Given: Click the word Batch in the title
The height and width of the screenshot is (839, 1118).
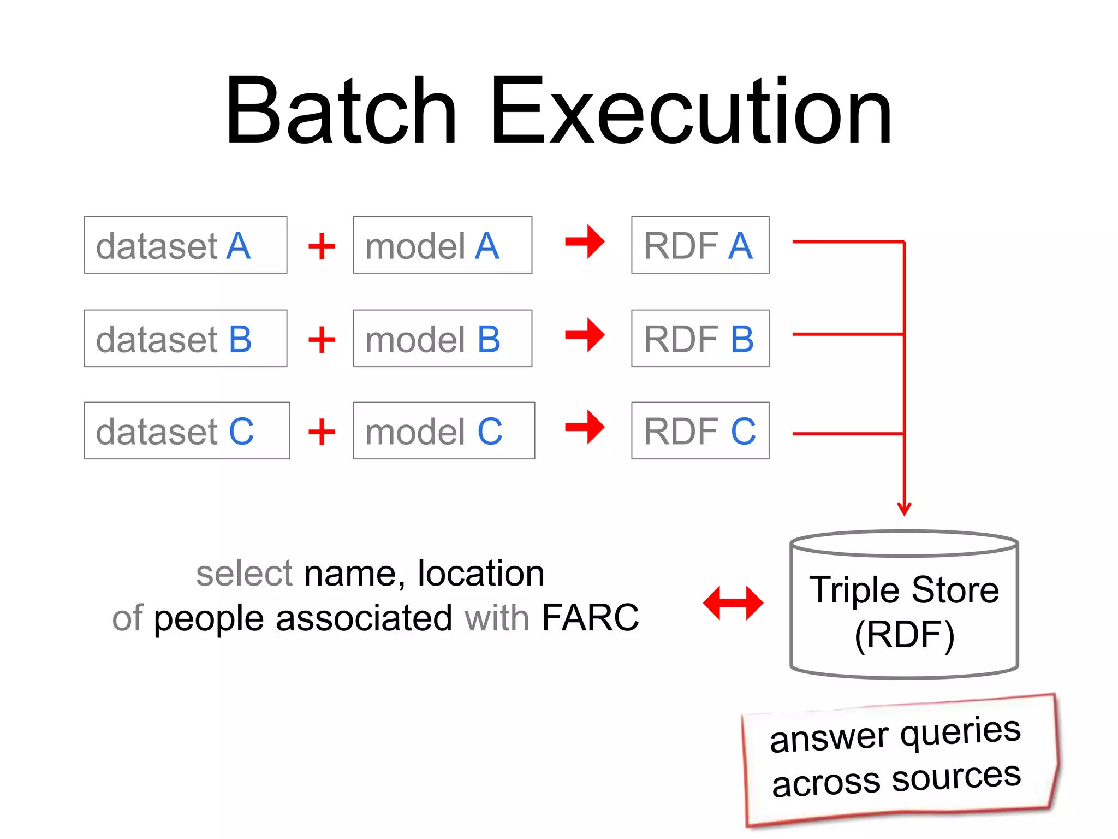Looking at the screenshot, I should point(341,112).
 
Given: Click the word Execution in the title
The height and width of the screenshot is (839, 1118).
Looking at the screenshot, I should point(690,112).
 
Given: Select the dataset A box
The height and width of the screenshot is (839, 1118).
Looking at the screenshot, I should point(185,245).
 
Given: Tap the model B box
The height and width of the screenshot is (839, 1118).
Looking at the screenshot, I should point(442,338).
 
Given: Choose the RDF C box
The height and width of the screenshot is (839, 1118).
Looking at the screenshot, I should point(700,430).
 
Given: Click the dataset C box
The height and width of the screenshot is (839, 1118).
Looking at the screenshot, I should point(187,430).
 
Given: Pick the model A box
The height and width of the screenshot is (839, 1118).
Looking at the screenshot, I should point(442,245).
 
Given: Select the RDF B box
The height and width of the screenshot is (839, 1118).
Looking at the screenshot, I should point(700,338).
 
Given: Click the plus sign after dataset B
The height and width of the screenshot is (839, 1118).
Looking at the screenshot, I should point(322,340).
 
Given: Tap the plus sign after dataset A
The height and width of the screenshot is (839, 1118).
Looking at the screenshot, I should point(322,246).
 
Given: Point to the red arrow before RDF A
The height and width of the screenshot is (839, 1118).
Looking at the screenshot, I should point(585,241).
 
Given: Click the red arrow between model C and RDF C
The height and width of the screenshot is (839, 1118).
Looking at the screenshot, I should point(585,427).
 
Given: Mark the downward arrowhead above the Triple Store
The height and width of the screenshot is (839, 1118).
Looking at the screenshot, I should point(904,508).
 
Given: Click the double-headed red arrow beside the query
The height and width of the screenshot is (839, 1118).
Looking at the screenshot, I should point(733,603).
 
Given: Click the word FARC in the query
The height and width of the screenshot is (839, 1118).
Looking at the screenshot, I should point(590,618).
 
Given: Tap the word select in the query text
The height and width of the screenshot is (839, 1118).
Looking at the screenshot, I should point(245,574).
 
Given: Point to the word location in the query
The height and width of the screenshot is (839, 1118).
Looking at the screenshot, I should point(481,574).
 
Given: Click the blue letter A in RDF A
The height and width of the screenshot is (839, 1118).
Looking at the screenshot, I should point(740,246).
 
